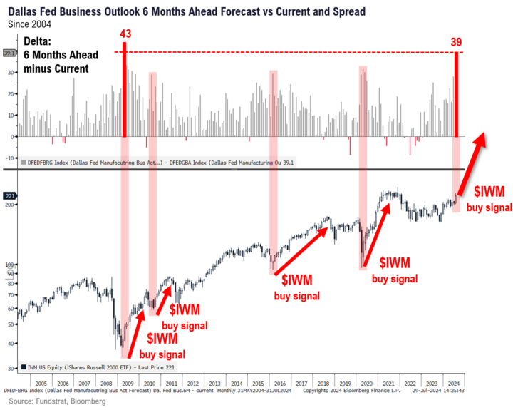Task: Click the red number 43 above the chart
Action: coord(125,34)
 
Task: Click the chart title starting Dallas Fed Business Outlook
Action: coord(187,12)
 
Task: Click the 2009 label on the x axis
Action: coord(125,383)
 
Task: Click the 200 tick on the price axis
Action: coord(11,205)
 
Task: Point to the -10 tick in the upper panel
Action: coord(10,158)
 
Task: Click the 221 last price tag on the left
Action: coord(9,195)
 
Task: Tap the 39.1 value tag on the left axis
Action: coord(9,52)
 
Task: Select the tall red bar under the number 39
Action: coord(457,93)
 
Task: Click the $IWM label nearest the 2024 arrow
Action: coord(489,191)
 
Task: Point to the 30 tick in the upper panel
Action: coord(11,73)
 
